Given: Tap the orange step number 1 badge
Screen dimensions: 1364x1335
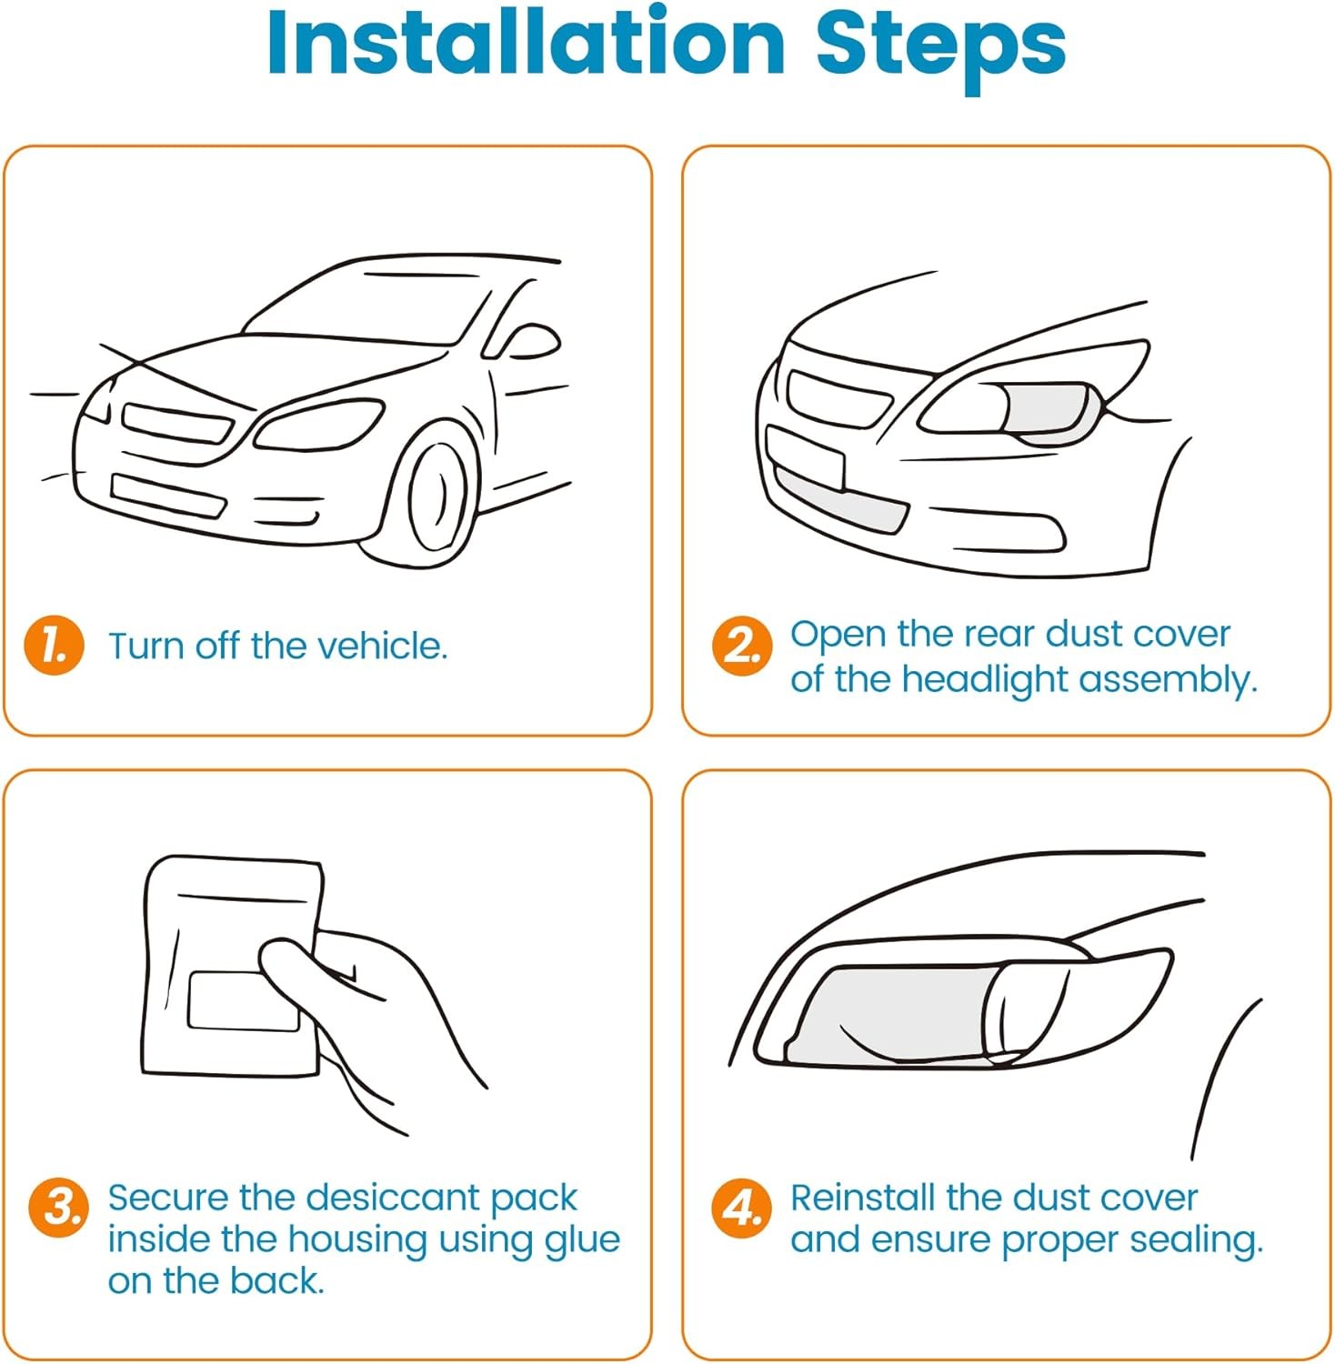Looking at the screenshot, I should (54, 647).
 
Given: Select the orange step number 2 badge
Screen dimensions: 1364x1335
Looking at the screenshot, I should (742, 647).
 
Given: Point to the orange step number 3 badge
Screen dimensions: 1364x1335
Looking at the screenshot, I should (59, 1209).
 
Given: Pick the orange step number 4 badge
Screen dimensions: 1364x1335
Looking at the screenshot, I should (741, 1209).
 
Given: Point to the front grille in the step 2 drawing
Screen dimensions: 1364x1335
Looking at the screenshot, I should (837, 398).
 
